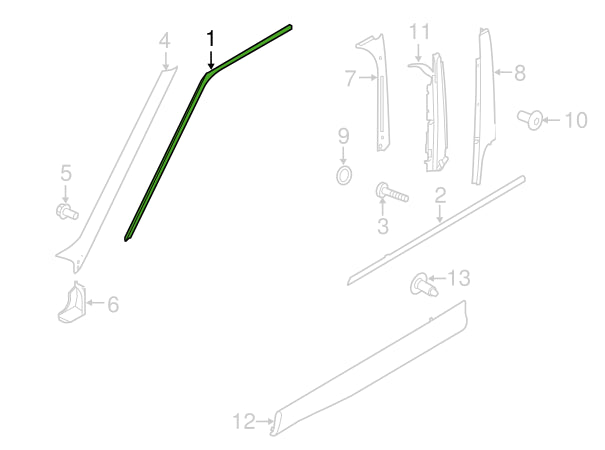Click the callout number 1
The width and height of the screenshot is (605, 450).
click(x=211, y=40)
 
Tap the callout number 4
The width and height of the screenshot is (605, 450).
click(x=165, y=41)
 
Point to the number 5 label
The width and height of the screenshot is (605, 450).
click(x=66, y=173)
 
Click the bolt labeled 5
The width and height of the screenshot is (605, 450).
click(x=67, y=211)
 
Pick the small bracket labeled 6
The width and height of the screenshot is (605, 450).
click(x=72, y=302)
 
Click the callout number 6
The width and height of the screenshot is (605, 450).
click(x=113, y=305)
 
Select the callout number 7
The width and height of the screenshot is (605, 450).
click(x=350, y=78)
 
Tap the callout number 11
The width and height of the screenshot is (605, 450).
click(x=419, y=31)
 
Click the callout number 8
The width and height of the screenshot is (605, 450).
click(x=520, y=73)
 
